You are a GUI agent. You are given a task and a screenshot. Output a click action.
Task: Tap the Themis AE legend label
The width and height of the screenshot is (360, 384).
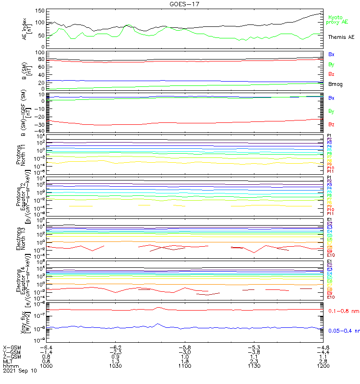click(x=341, y=37)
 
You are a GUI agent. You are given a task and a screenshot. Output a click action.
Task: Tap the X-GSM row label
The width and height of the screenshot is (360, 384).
click(x=12, y=347)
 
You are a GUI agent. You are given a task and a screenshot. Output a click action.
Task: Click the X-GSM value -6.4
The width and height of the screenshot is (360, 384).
click(x=47, y=347)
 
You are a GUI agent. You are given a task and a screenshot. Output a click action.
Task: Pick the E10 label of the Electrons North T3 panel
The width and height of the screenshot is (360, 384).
click(x=330, y=255)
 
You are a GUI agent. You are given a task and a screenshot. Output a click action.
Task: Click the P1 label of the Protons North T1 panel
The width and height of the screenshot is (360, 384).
click(x=329, y=136)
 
